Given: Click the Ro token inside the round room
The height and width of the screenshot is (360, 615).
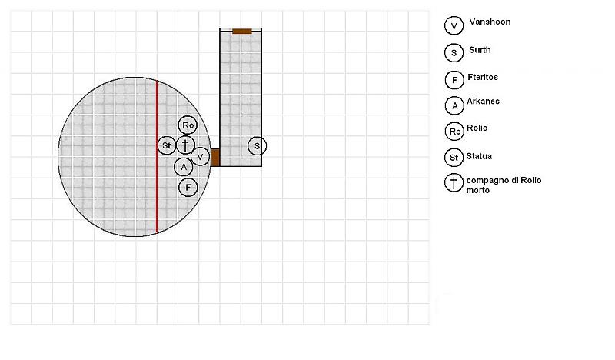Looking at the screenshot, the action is (x=188, y=125).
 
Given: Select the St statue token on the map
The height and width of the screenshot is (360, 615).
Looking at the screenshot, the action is (x=167, y=145).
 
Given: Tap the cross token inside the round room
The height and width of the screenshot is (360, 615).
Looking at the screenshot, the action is (x=185, y=145).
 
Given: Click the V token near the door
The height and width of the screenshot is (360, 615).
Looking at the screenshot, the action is (x=200, y=157).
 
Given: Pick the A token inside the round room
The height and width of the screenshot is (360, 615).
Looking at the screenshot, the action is (x=184, y=167).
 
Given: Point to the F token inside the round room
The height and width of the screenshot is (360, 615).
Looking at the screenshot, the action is (x=188, y=187).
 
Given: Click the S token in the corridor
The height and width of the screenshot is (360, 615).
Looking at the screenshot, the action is (x=257, y=146).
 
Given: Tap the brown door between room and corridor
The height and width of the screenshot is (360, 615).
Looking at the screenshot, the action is (x=215, y=158).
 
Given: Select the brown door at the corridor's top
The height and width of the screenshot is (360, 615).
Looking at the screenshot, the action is (x=242, y=32).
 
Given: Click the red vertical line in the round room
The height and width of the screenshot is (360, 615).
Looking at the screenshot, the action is (x=157, y=156).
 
